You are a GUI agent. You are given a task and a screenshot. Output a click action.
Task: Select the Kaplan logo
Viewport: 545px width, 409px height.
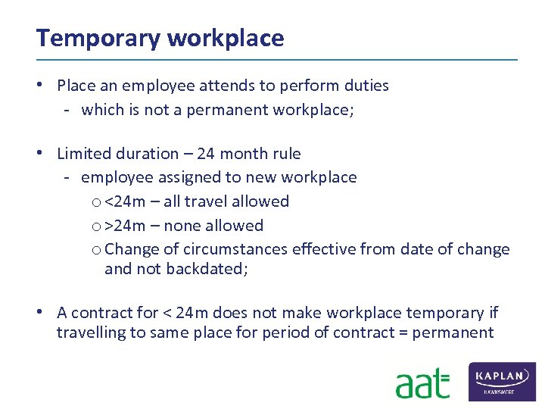point(503,381)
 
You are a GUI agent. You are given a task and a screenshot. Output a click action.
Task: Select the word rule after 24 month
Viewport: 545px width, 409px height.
point(285,154)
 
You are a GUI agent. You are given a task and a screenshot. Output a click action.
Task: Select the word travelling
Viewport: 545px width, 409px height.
point(89,333)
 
